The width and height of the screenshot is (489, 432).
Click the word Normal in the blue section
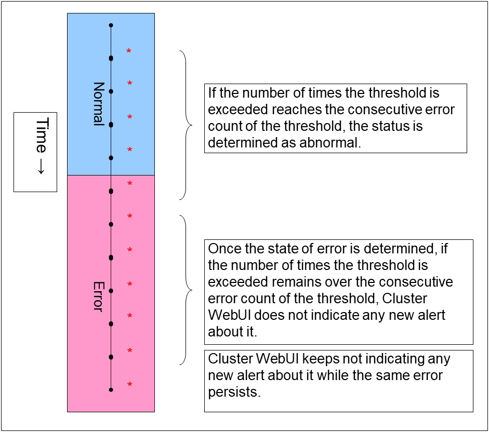point(98,104)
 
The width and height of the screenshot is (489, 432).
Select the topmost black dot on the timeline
point(111,25)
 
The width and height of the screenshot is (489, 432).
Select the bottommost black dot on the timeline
point(111,389)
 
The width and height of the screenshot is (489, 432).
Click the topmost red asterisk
point(129,51)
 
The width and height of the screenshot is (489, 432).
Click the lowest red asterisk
point(129,385)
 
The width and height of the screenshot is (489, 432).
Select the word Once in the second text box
point(224,249)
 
